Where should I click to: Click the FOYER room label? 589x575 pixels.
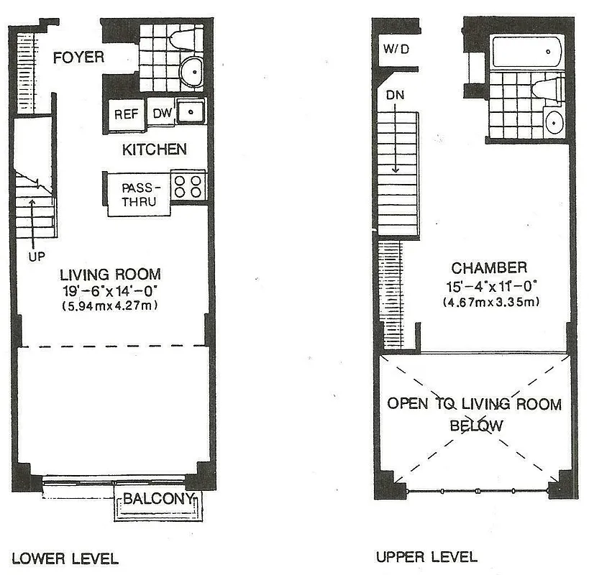(78, 57)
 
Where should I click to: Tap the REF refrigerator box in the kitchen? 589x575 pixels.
(127, 114)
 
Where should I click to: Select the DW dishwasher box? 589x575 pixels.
(160, 113)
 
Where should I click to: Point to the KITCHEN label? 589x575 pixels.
(154, 149)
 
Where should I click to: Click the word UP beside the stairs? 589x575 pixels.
(32, 255)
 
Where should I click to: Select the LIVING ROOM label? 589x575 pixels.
(110, 274)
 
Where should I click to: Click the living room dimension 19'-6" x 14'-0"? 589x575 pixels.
(110, 290)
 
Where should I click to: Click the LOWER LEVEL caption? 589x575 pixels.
(65, 558)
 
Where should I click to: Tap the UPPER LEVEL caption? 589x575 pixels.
(426, 556)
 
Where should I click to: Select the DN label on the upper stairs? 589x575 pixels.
(394, 95)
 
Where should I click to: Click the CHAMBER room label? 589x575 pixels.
(491, 268)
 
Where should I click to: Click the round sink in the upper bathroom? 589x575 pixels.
(556, 122)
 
